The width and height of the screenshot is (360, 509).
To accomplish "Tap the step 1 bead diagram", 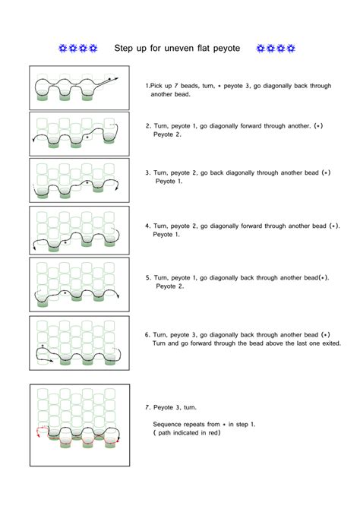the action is click(x=79, y=87).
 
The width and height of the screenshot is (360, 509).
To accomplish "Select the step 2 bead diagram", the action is click(x=79, y=134).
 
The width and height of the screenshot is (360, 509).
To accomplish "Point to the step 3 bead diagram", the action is click(x=79, y=180).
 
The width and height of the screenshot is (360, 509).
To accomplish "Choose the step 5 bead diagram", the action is click(x=79, y=283).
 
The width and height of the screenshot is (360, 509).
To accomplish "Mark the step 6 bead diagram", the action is click(x=79, y=343).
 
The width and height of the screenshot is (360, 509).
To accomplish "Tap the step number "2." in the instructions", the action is click(x=147, y=126).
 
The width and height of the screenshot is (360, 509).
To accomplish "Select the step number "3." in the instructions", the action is click(x=147, y=172).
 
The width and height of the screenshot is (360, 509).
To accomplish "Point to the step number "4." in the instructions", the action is click(x=147, y=226).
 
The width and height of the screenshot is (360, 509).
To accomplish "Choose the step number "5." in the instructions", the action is click(x=147, y=278).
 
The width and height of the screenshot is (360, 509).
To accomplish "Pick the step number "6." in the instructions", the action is click(x=147, y=334).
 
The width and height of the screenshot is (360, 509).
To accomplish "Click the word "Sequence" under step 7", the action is click(x=168, y=424).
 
